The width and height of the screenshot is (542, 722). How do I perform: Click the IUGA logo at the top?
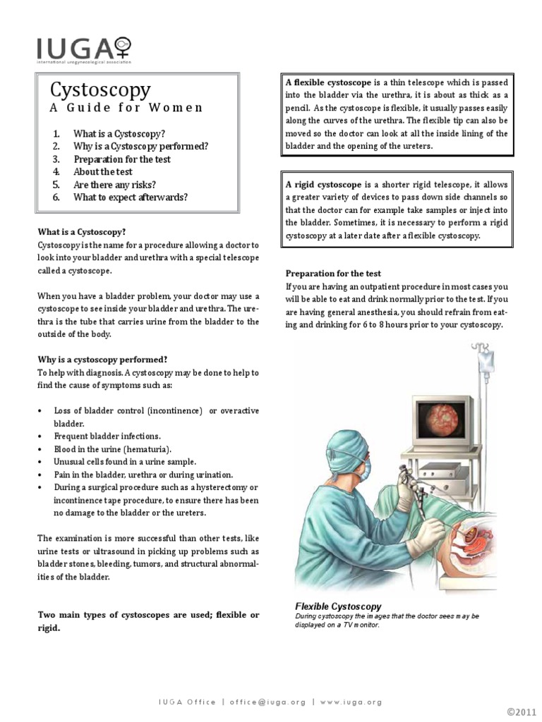(84, 50)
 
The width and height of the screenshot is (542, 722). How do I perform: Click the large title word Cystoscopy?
(100, 90)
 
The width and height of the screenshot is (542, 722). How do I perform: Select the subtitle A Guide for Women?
(126, 108)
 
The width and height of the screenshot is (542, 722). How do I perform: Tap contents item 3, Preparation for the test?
(121, 159)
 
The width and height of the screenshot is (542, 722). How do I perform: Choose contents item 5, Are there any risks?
(114, 184)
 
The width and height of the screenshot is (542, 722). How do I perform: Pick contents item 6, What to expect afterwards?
(130, 197)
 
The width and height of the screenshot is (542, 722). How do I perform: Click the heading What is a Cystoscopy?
(82, 231)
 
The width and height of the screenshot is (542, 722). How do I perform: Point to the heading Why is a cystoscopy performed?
(102, 359)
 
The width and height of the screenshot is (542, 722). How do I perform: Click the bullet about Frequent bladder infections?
(107, 436)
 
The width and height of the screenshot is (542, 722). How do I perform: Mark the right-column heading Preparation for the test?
(333, 274)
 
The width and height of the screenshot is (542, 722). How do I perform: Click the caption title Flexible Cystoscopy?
(338, 606)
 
